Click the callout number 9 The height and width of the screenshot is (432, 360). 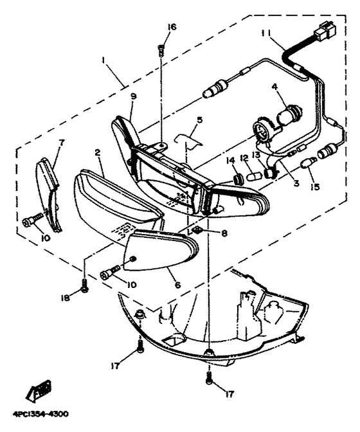133,96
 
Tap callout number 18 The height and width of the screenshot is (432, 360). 66,299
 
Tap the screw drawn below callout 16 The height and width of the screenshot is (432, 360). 162,48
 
